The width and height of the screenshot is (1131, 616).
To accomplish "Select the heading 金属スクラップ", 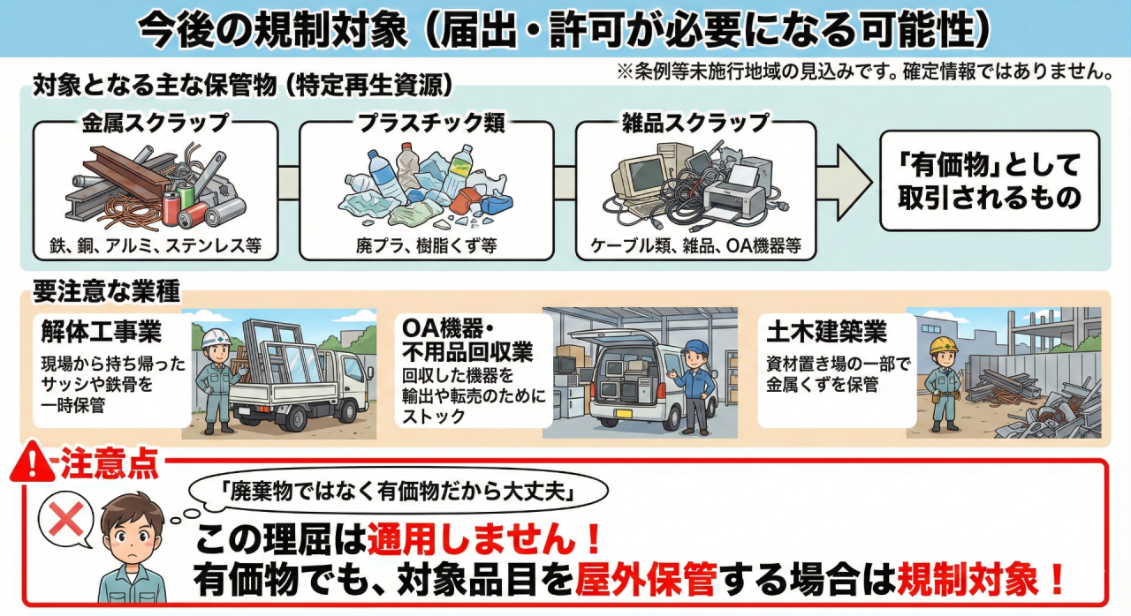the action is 156,123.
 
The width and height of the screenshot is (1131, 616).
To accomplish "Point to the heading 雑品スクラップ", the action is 695,123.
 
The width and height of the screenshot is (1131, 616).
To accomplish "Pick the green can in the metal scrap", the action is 186,197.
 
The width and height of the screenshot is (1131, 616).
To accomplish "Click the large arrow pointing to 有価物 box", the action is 844,182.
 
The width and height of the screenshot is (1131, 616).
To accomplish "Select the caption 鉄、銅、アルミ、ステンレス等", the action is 156,246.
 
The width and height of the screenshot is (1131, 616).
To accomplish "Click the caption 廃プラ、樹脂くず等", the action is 427,246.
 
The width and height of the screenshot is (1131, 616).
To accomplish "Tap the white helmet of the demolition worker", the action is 216,338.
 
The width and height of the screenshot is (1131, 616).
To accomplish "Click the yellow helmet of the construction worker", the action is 944,345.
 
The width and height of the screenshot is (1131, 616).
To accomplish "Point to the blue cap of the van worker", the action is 695,346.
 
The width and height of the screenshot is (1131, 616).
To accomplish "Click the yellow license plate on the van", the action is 624,413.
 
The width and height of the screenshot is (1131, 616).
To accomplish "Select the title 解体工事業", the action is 101,331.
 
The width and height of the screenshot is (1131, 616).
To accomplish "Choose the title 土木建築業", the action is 827,331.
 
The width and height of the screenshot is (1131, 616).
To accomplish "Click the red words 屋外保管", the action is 646,579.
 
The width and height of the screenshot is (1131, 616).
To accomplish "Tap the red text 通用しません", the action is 471,539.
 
